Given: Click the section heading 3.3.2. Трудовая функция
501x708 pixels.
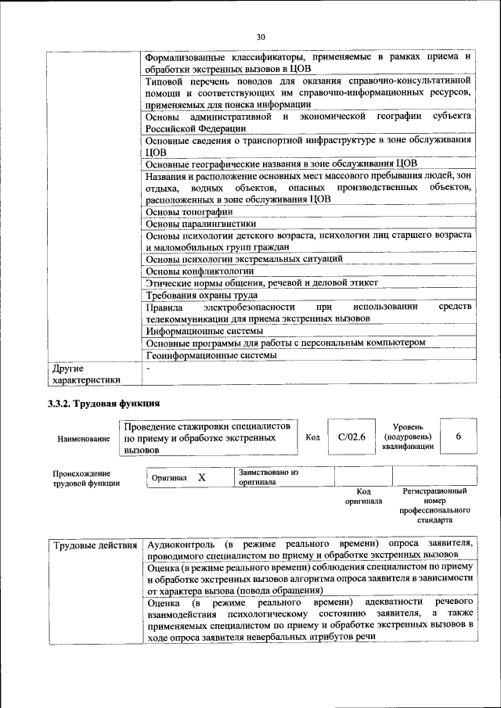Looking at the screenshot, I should point(104,404).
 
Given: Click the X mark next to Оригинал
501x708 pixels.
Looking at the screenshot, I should point(201,477).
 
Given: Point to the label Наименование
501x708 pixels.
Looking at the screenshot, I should point(82,439).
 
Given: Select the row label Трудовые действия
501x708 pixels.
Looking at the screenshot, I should point(95,544).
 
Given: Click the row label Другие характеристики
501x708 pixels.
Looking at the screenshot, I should point(85,374).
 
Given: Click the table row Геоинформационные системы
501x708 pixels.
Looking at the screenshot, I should point(211,355).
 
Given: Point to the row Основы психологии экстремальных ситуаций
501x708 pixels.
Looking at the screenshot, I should point(244,259).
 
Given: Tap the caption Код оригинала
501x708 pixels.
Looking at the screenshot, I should point(363,496).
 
